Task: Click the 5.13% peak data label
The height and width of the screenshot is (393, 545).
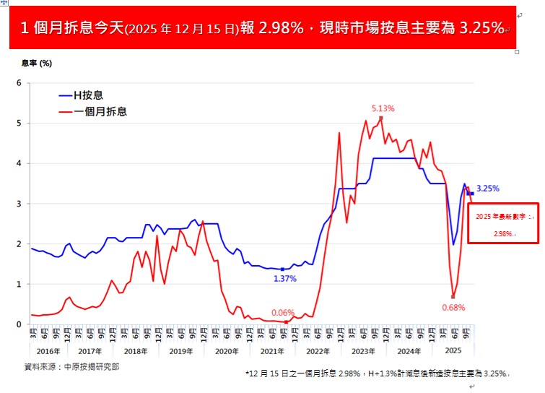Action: click(x=383, y=109)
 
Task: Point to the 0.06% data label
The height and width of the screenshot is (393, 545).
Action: click(x=283, y=313)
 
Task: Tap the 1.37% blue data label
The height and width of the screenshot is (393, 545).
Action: click(x=284, y=278)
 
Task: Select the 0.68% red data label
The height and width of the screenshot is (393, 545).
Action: click(x=453, y=307)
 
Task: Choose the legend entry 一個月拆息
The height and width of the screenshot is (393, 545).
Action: click(x=100, y=112)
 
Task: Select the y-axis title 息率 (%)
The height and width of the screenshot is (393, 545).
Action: click(x=36, y=64)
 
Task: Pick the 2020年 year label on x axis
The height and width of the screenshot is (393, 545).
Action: click(x=226, y=351)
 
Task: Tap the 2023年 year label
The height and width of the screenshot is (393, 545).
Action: click(x=364, y=351)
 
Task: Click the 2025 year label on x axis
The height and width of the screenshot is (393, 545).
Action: click(x=453, y=351)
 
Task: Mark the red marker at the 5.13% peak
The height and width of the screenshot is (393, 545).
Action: click(x=380, y=118)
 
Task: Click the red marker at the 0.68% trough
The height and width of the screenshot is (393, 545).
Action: click(x=453, y=296)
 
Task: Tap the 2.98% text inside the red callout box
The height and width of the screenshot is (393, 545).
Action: click(x=505, y=233)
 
